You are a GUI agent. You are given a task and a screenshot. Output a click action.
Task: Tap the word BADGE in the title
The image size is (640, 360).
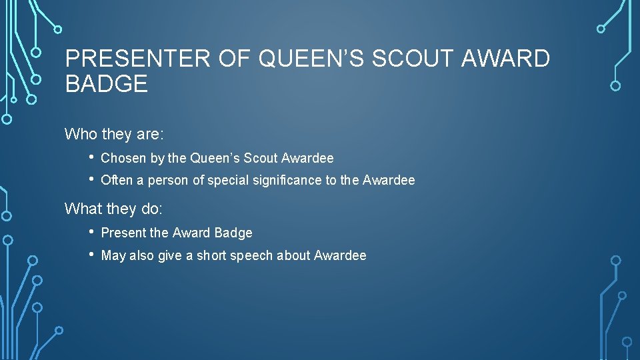[x=107, y=84]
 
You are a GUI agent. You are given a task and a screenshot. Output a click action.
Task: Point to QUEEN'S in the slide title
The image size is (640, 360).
[x=311, y=59]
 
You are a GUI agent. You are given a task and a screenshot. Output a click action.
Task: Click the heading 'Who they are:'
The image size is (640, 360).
[x=114, y=134]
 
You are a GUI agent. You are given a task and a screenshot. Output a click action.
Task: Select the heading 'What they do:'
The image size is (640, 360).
[x=113, y=209]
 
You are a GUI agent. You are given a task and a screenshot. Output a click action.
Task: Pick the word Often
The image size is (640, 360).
[x=117, y=181]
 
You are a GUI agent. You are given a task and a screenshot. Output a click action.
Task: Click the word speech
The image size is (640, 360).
[x=251, y=256]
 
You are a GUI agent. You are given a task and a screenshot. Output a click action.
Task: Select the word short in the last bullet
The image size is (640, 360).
[x=211, y=256]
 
